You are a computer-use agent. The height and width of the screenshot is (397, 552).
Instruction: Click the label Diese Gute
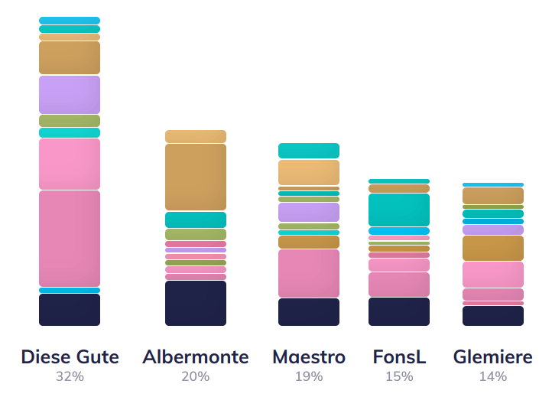tap(70, 357)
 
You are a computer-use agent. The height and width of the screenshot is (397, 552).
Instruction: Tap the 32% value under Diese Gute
tap(70, 376)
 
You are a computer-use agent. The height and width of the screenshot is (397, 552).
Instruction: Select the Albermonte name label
tap(196, 357)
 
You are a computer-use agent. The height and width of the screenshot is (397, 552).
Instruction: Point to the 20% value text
tap(196, 376)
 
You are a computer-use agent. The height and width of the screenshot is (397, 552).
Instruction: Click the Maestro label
tap(309, 357)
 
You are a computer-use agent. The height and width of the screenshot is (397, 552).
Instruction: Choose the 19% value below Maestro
tap(309, 376)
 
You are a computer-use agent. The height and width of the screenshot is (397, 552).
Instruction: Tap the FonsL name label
tap(399, 357)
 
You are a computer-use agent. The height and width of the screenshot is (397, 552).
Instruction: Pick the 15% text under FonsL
tap(399, 376)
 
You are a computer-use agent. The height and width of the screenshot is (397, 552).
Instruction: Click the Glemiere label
tap(493, 357)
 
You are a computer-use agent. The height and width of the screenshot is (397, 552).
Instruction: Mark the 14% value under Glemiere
tap(493, 376)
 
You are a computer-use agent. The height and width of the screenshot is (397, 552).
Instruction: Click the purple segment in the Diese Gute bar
tap(70, 94)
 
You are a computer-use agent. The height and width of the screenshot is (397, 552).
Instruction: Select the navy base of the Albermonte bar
tap(196, 303)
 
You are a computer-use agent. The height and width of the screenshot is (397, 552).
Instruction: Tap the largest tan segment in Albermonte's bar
tap(196, 177)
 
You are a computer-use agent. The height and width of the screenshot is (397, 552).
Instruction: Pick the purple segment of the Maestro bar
tap(309, 212)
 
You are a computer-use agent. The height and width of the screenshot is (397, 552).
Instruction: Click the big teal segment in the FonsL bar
tap(399, 210)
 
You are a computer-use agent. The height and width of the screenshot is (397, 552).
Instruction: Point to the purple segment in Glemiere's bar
tap(493, 229)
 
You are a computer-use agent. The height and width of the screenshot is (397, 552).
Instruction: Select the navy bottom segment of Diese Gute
tap(70, 310)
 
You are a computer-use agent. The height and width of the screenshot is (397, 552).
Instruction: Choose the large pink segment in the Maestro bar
tap(309, 273)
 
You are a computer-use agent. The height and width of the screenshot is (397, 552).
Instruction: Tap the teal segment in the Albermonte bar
tap(196, 220)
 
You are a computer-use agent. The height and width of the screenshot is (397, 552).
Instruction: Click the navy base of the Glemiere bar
tap(493, 315)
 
